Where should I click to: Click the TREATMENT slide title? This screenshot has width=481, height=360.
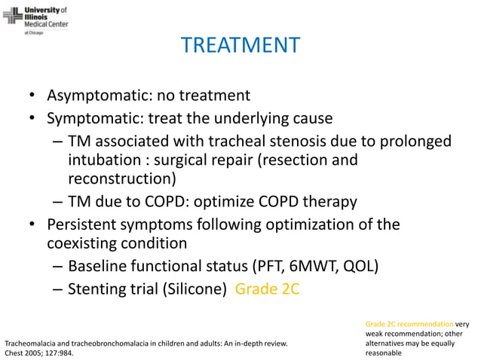(240, 45)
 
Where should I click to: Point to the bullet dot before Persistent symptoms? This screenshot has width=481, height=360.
(33, 224)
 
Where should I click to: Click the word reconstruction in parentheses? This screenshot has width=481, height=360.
(118, 179)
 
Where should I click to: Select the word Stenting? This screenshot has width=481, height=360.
(99, 289)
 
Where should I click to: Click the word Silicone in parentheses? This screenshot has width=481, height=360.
(195, 289)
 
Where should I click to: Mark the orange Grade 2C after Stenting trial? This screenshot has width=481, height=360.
(268, 289)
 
